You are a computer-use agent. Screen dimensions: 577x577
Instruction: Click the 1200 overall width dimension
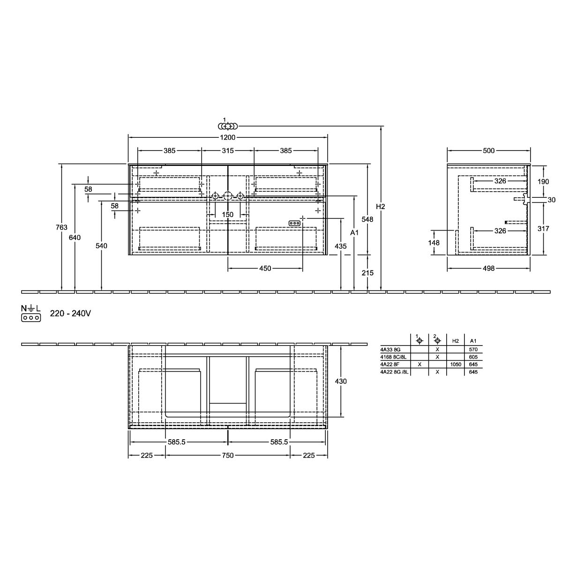pyautogui.click(x=228, y=137)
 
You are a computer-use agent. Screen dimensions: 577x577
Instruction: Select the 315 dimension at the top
pyautogui.click(x=228, y=150)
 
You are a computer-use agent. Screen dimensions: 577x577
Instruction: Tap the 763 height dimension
pyautogui.click(x=61, y=227)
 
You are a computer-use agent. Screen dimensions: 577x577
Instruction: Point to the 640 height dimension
pyautogui.click(x=75, y=238)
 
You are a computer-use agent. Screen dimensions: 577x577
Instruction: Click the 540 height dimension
pyautogui.click(x=101, y=246)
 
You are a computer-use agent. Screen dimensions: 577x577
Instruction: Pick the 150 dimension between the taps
pyautogui.click(x=228, y=215)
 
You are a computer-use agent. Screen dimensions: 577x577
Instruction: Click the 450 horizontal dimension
pyautogui.click(x=265, y=269)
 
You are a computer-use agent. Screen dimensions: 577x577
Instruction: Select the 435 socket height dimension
pyautogui.click(x=340, y=246)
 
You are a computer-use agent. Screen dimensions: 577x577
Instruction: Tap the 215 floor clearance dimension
pyautogui.click(x=367, y=273)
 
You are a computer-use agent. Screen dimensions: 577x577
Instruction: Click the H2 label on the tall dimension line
pyautogui.click(x=381, y=207)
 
